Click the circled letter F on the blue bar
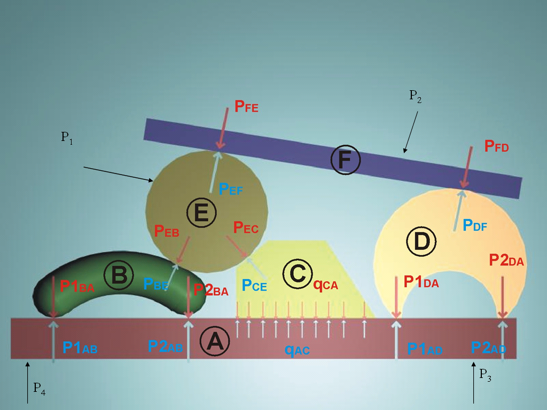346,160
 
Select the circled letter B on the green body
119,275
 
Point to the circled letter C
298,274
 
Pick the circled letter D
422,242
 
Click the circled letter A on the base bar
215,341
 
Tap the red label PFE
246,106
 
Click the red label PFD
497,146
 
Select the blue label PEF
231,189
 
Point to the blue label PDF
475,225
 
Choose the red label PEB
167,231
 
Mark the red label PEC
246,227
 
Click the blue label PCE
254,285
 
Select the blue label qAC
297,349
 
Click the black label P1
67,137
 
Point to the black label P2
416,96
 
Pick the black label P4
40,389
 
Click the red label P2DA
506,260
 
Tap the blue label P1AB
80,348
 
